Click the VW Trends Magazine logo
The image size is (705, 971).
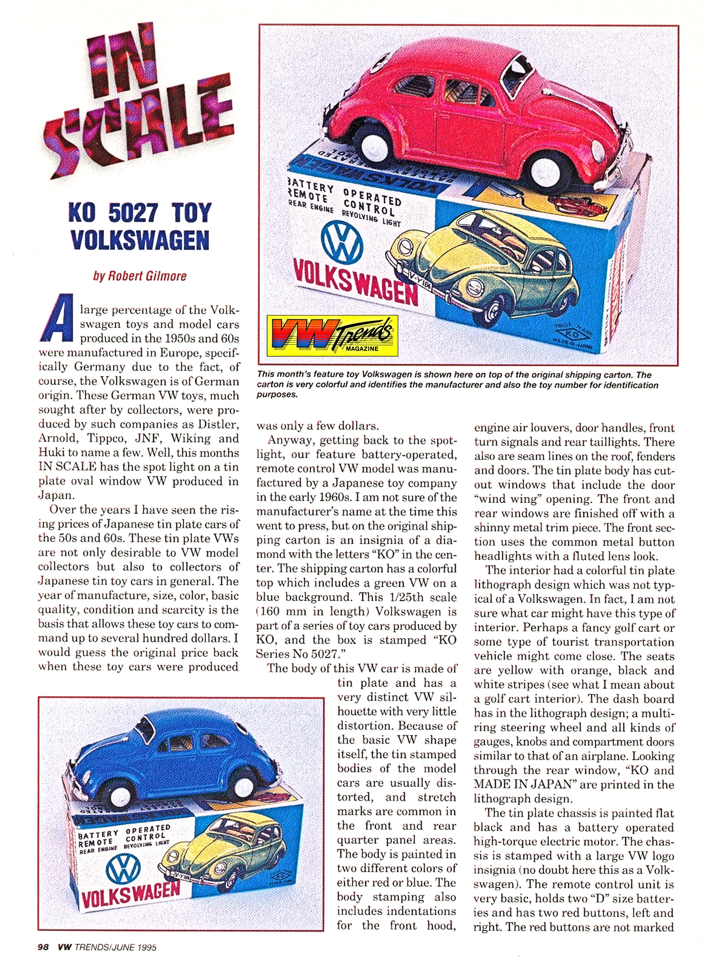332,336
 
